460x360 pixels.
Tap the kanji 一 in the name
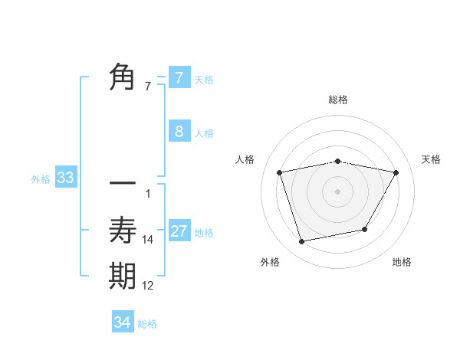coord(123,185)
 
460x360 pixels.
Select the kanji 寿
coord(123,230)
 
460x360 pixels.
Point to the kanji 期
coord(123,277)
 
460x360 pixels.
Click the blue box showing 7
coord(179,78)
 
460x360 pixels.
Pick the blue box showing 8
coord(179,132)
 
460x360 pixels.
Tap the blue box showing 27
coord(179,231)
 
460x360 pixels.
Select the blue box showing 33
coord(65,178)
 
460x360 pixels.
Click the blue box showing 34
coord(122,322)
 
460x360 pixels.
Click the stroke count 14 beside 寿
coord(148,240)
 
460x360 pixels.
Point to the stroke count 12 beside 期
coord(148,286)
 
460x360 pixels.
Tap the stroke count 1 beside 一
coord(148,193)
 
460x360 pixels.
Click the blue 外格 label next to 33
coord(41,179)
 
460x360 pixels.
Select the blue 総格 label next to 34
coord(147,324)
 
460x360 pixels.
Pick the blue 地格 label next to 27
coord(204,233)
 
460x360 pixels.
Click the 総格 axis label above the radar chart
coord(337,100)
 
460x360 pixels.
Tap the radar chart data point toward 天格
coord(396,172)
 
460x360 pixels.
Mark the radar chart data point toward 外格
coord(302,241)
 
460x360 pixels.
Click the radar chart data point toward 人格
coord(280,172)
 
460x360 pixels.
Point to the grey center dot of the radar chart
coord(337,191)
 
